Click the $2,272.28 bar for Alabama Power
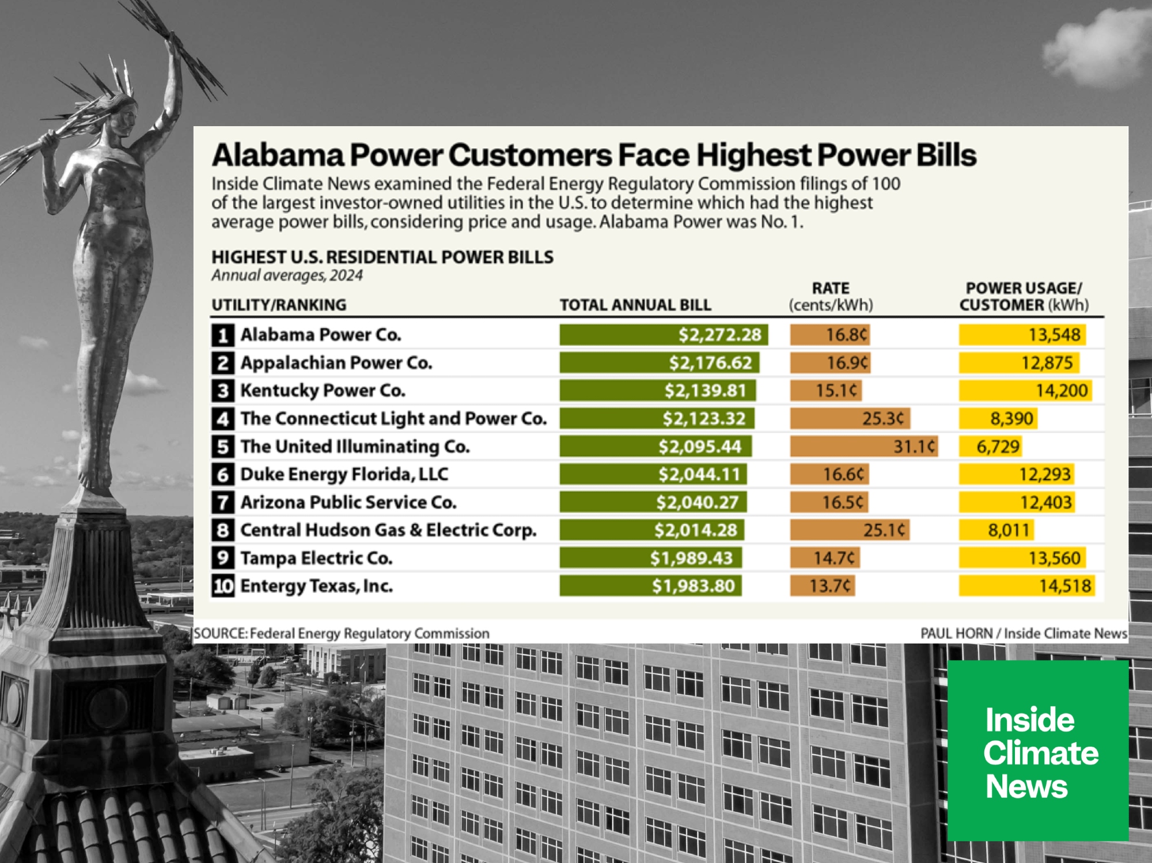coord(664,335)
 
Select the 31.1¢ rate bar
coord(864,446)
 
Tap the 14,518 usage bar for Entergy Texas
coord(1027,586)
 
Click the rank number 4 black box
coord(223,419)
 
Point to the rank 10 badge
coord(223,586)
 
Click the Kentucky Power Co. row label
coord(323,391)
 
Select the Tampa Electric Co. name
coord(316,558)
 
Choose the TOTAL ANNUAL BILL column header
coord(635,305)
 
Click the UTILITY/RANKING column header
coord(279,305)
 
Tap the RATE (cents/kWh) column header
coord(831,297)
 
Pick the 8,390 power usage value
coord(1012,419)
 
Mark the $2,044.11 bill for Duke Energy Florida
coord(699,475)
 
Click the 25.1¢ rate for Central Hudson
coord(884,530)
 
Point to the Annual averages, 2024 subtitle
coord(287,275)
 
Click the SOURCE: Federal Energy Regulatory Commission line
coord(342,633)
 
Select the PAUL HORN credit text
coord(956,633)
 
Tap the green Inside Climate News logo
coord(1038,751)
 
